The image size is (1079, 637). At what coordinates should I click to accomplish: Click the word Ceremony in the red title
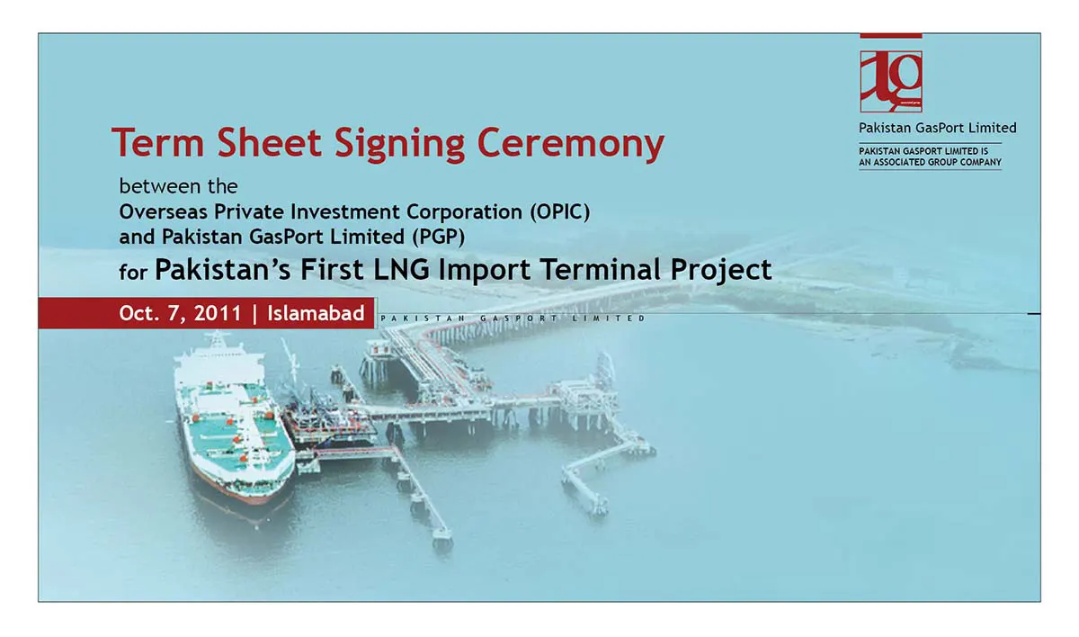tap(571, 143)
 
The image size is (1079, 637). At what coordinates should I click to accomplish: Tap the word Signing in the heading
tap(400, 144)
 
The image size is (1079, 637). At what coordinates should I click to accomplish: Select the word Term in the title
tap(158, 142)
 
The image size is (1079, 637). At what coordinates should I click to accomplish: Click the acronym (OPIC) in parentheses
tap(559, 212)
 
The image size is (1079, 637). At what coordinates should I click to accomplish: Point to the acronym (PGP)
tap(439, 237)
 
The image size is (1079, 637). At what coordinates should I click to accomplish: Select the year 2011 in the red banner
tap(218, 313)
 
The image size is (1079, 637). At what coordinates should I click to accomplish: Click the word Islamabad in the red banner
tap(316, 313)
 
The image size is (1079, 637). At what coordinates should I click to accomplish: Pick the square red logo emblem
tap(891, 82)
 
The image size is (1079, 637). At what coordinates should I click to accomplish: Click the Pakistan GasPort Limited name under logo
tap(937, 128)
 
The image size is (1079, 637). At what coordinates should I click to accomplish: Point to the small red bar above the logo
tap(891, 36)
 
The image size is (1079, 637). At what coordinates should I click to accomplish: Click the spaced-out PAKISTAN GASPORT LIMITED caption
tap(513, 318)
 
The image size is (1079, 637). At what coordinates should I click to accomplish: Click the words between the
tap(179, 186)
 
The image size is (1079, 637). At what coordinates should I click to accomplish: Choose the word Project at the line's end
tap(720, 270)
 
